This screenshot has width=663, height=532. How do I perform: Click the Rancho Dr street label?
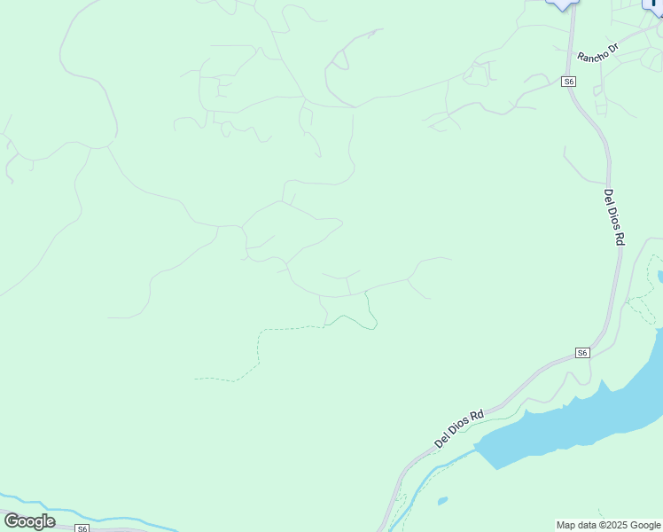coord(597,51)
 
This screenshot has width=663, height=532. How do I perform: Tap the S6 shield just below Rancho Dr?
coord(569,82)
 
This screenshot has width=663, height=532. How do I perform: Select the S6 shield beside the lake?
coord(581,353)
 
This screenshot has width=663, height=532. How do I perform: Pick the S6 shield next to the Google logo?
coord(82,528)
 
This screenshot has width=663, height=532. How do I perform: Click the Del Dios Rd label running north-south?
coord(614,216)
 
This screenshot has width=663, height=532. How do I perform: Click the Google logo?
coord(29,521)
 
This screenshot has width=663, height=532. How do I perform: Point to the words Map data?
coord(575,526)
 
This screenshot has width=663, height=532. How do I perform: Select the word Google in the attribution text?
coord(643,526)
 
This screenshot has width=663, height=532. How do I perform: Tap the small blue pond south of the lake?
coord(442,501)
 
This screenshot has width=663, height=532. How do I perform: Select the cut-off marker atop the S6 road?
coord(561,4)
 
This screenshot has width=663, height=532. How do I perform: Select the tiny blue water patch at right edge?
coord(660,278)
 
